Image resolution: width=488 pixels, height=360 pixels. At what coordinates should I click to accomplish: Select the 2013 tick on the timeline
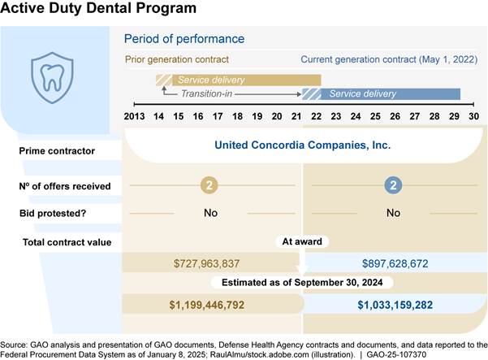135,116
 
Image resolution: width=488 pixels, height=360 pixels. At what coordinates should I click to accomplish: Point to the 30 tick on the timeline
473,116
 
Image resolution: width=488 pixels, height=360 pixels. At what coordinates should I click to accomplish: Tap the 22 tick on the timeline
315,116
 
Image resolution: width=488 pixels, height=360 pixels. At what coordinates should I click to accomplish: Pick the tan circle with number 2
209,186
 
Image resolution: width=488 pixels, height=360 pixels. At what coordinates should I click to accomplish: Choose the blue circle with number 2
393,186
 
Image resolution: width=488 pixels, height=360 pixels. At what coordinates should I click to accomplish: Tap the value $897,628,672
393,263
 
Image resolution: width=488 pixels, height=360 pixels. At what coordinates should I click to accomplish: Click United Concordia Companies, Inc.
302,146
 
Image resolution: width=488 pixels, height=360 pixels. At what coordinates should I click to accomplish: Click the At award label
301,242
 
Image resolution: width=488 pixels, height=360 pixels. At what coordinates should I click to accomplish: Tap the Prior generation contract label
176,59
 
